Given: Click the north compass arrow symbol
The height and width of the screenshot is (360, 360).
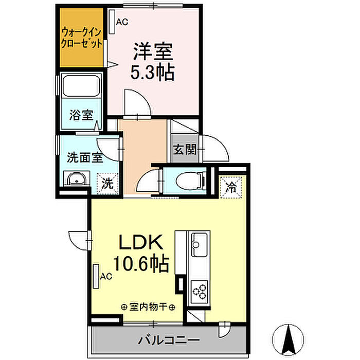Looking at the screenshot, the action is [288, 339].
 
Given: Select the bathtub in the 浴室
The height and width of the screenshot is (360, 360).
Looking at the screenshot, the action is [81, 86].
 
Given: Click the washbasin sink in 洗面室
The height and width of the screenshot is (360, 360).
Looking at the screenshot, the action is [77, 179].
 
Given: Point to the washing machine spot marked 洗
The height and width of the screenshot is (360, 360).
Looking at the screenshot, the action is [107, 184].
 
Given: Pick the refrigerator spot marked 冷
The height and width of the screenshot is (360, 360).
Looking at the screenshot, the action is [231, 187].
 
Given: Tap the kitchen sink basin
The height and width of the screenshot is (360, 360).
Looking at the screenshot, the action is [200, 244].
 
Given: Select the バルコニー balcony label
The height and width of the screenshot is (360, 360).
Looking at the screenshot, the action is [169, 340].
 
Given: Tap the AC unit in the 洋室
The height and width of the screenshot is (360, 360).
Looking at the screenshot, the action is [112, 22].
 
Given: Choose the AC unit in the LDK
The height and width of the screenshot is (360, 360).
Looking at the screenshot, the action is [96, 276].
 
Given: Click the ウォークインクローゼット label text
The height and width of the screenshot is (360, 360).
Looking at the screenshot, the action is [81, 38].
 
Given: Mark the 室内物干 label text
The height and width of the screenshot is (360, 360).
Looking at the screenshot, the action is [148, 307].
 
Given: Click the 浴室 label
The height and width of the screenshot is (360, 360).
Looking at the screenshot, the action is [81, 115].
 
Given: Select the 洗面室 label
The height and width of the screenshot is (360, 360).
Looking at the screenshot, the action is [85, 158].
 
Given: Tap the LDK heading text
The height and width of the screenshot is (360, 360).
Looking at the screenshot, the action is [141, 242].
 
